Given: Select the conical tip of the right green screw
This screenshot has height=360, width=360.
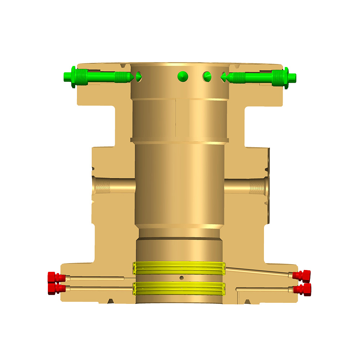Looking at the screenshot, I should (223, 76).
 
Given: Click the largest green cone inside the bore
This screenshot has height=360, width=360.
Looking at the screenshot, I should (183, 76).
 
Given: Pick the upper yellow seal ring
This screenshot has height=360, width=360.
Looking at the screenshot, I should (179, 268).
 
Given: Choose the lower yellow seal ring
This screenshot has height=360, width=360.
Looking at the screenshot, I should (179, 288).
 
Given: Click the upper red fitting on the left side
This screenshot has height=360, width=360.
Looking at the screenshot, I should (54, 278).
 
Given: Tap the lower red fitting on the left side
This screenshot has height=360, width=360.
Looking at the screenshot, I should (54, 288).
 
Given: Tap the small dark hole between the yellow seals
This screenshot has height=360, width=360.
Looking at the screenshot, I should (181, 278).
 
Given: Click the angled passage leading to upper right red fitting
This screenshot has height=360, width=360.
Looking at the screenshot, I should (259, 271).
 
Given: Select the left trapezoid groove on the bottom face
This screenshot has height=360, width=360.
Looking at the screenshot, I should (109, 301).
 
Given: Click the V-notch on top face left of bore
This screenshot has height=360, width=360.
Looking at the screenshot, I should (125, 67).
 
